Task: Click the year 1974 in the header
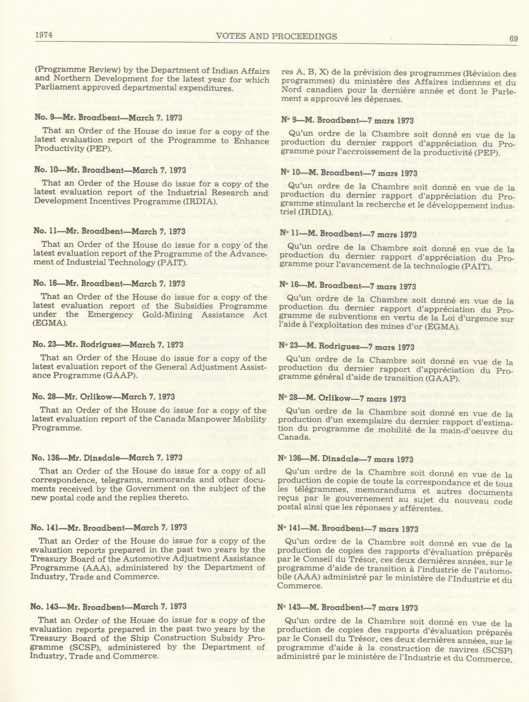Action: pos(44,34)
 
